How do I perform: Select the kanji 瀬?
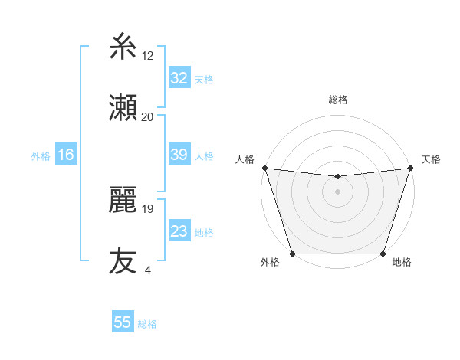(x=123, y=108)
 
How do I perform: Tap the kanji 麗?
(x=123, y=200)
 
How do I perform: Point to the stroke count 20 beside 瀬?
(x=148, y=116)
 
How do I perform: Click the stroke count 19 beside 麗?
(x=148, y=208)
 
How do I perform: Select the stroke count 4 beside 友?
(x=147, y=270)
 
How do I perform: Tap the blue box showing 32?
(x=179, y=78)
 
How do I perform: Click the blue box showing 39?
(x=179, y=155)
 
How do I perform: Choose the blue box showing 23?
(x=179, y=231)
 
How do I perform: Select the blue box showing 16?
(x=66, y=155)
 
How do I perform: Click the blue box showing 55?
(x=123, y=322)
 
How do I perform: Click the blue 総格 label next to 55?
(x=147, y=324)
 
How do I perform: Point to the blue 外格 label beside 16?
(x=41, y=156)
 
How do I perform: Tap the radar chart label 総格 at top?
(x=337, y=100)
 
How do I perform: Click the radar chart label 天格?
(x=431, y=159)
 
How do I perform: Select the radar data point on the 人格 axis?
(x=264, y=168)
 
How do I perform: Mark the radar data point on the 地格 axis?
(x=383, y=254)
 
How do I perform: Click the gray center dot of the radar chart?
(x=337, y=191)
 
